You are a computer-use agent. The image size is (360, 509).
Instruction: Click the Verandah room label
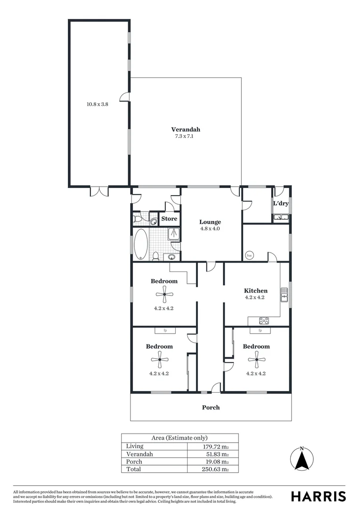pyautogui.click(x=185, y=130)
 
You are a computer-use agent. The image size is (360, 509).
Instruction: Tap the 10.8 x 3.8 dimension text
pyautogui.click(x=98, y=105)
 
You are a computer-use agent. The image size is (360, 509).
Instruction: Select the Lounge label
pyautogui.click(x=210, y=222)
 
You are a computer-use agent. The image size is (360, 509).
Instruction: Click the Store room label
pyautogui.click(x=169, y=219)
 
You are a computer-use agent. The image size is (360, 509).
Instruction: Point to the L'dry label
pyautogui.click(x=281, y=204)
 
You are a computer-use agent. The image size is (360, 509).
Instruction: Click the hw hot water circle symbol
pyautogui.click(x=249, y=255)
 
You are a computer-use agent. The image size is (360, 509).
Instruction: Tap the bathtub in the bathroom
pyautogui.click(x=141, y=244)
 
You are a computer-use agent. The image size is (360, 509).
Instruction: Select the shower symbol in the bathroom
pyautogui.click(x=174, y=233)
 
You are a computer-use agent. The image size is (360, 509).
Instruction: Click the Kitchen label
pyautogui.click(x=255, y=291)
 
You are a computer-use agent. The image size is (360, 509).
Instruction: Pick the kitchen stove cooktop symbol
pyautogui.click(x=264, y=321)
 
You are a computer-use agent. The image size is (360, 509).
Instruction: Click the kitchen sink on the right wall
pyautogui.click(x=284, y=295)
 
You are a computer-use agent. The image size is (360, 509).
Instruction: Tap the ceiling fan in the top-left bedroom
pyautogui.click(x=164, y=296)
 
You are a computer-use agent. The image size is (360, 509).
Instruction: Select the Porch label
pyautogui.click(x=211, y=407)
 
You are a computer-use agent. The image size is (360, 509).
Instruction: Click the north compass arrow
pyautogui.click(x=302, y=458)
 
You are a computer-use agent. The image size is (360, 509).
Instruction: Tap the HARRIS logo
pyautogui.click(x=318, y=496)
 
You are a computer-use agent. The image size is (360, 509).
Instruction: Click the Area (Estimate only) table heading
pyautogui.click(x=180, y=438)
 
